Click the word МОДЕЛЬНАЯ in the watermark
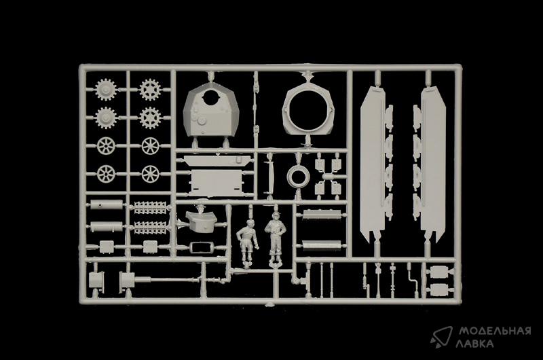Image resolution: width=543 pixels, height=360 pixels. (x=495, y=331)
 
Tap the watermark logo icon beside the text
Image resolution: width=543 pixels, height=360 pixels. (x=441, y=337)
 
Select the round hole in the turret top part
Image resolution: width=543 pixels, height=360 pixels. (x=211, y=96)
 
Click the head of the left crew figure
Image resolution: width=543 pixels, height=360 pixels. (x=250, y=224)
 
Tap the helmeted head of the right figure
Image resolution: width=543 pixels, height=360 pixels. (x=276, y=218)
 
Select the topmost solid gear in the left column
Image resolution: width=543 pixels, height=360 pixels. (x=106, y=90)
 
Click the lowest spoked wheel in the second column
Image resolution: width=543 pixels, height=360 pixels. (x=150, y=175)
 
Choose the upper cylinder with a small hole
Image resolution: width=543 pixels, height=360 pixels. (x=107, y=204)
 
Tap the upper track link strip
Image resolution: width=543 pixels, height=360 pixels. (x=150, y=208)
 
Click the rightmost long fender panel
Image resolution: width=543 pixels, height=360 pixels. (x=433, y=163)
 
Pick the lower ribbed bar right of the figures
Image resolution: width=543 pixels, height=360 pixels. (x=321, y=245)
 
